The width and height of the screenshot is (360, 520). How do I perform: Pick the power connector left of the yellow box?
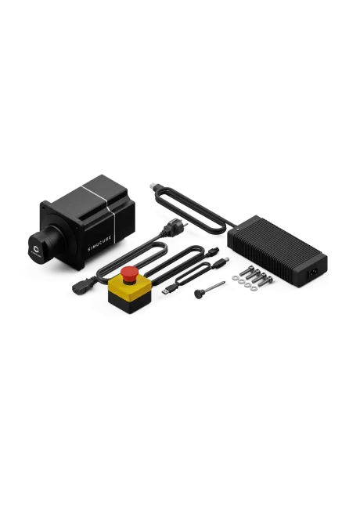pyautogui.click(x=80, y=286)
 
